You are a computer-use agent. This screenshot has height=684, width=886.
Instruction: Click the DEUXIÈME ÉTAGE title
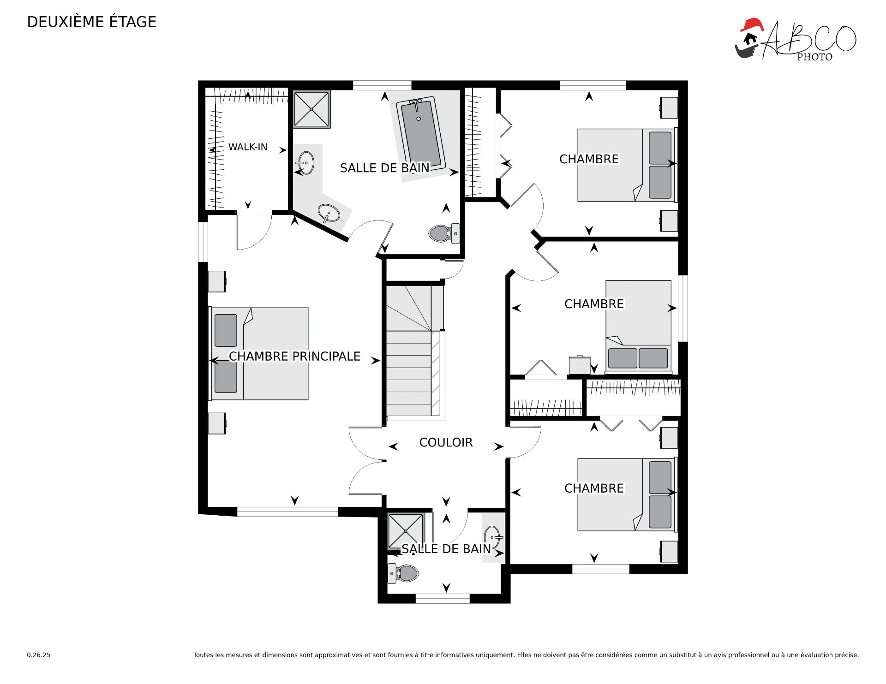click(92, 22)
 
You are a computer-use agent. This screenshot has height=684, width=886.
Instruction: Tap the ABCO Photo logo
click(795, 40)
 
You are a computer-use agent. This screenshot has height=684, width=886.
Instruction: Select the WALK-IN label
click(248, 147)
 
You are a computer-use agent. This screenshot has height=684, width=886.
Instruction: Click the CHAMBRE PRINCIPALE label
click(294, 356)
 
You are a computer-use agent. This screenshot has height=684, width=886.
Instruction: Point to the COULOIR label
click(446, 442)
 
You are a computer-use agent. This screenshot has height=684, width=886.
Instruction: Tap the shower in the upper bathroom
click(312, 109)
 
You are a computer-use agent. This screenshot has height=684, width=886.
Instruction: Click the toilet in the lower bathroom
click(403, 573)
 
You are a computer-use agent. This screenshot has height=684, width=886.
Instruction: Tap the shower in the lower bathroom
click(406, 531)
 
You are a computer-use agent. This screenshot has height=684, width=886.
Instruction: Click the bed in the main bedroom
click(259, 354)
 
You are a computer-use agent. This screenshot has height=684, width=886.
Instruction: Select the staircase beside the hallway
click(415, 353)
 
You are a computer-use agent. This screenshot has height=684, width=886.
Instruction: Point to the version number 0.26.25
click(39, 655)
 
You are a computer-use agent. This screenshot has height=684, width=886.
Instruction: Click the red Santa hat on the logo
click(752, 24)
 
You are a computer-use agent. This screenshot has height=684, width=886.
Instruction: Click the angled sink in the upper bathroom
click(329, 213)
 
